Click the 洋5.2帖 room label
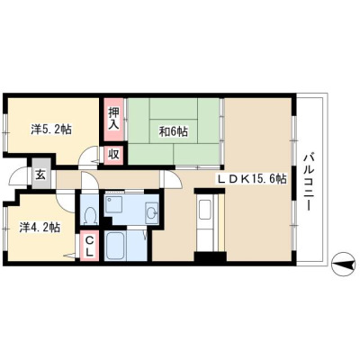(51, 130)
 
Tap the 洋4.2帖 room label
(40, 228)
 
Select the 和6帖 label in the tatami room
(174, 131)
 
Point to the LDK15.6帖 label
(252, 179)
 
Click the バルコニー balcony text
(309, 182)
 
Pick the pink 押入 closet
(113, 120)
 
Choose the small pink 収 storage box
(113, 155)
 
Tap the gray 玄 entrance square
(41, 175)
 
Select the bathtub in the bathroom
(115, 246)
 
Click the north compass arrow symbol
(343, 264)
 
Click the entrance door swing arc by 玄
(19, 177)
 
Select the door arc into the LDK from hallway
(172, 179)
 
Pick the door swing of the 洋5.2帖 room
(88, 156)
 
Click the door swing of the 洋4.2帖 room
(66, 202)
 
